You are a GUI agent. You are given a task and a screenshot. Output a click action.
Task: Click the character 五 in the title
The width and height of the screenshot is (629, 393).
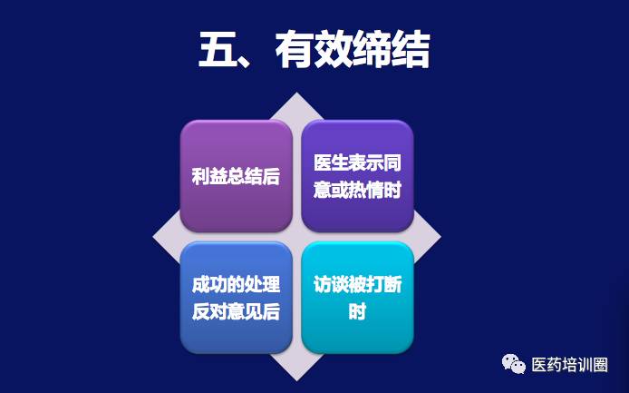pos(217,50)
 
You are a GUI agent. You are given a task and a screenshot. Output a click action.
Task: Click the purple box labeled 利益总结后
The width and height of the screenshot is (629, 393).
pos(237,176)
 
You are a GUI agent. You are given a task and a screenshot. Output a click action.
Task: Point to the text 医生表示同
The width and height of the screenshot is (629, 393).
pos(357,162)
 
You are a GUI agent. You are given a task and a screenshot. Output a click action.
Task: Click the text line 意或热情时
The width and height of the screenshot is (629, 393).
pos(357,190)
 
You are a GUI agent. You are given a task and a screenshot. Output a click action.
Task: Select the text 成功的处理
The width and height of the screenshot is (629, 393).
pos(236,284)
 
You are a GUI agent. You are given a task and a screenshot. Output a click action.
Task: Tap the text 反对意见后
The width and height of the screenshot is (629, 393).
pos(236,311)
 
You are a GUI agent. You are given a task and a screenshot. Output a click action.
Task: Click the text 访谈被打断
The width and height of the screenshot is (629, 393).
pos(357,284)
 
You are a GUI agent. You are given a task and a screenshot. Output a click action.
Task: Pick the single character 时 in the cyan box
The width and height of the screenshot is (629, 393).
pos(357,311)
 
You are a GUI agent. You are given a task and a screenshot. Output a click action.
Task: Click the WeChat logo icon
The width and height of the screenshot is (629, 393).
pos(514,364)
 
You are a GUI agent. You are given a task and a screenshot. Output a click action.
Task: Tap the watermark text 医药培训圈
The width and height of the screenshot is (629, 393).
pos(569,365)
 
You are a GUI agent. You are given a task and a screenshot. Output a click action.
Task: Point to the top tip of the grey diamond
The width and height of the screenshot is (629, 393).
pos(297,93)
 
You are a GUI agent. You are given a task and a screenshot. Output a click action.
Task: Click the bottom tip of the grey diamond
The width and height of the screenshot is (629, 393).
pos(297,380)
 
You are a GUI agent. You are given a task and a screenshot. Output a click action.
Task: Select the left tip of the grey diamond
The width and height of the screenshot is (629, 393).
pos(153,237)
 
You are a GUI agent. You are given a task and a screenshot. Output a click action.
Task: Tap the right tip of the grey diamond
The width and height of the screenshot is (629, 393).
pos(440,237)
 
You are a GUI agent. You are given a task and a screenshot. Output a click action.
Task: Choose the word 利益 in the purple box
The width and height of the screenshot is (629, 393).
pos(209,176)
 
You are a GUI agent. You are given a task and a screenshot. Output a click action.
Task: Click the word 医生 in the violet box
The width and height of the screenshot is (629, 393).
pos(331,162)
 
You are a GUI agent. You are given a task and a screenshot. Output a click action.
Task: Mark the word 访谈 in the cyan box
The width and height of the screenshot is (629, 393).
pos(331,284)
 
